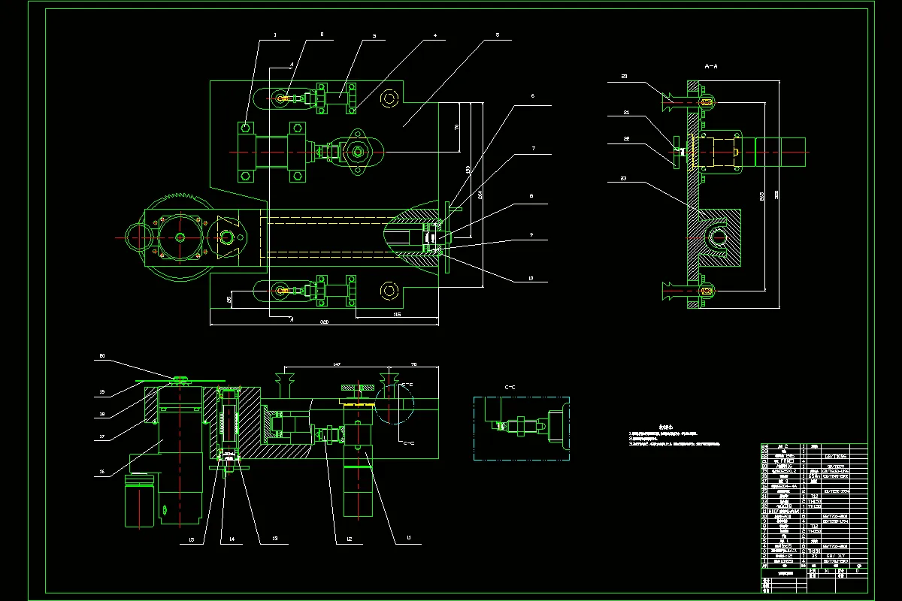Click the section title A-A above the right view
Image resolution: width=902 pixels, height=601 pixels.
tap(711, 67)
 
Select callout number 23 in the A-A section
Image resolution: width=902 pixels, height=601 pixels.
tap(625, 177)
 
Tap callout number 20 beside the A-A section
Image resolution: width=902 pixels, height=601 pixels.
tap(625, 76)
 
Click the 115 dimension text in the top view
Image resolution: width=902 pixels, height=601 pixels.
tap(397, 314)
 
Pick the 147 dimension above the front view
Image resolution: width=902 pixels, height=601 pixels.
tap(337, 364)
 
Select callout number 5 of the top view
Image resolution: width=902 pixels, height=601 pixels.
tap(498, 35)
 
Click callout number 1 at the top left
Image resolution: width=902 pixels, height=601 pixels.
tap(275, 35)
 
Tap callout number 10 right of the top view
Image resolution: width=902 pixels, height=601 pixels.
tap(531, 279)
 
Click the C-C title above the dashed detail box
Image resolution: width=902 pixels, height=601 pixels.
tap(510, 388)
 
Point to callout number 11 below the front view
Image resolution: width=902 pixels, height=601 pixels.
tap(409, 538)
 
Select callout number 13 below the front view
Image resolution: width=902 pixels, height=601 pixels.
tap(275, 538)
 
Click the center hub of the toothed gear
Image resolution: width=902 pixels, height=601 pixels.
tap(180, 237)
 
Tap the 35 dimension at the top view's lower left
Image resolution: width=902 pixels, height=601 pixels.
tap(229, 299)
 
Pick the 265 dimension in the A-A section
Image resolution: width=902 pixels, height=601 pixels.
tap(762, 197)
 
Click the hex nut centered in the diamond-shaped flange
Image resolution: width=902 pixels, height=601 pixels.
tap(357, 153)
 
